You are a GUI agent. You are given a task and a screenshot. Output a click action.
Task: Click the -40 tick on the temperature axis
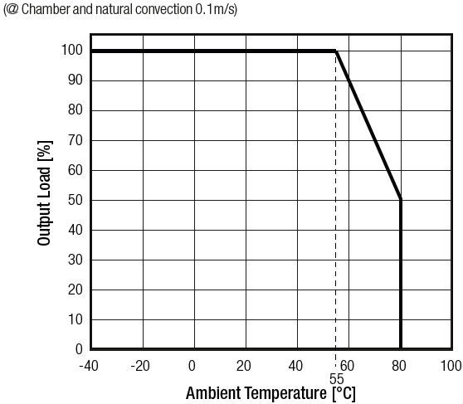pos(89,366)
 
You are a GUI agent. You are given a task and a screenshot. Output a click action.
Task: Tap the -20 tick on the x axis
pos(141,366)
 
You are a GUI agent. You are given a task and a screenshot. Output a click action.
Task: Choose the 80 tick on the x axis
pos(400,366)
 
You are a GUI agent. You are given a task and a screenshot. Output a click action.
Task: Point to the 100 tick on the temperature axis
pos(451,366)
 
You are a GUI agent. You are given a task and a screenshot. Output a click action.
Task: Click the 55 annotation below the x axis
pos(336,378)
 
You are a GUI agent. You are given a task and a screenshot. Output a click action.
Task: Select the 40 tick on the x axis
pos(296,366)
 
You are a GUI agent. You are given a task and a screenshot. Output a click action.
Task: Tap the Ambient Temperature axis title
pos(270,392)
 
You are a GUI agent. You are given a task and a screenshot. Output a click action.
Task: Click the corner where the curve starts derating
pos(335,51)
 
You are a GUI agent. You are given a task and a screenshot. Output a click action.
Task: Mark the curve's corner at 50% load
pos(401,200)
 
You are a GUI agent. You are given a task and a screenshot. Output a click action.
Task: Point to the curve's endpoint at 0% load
pos(401,348)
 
